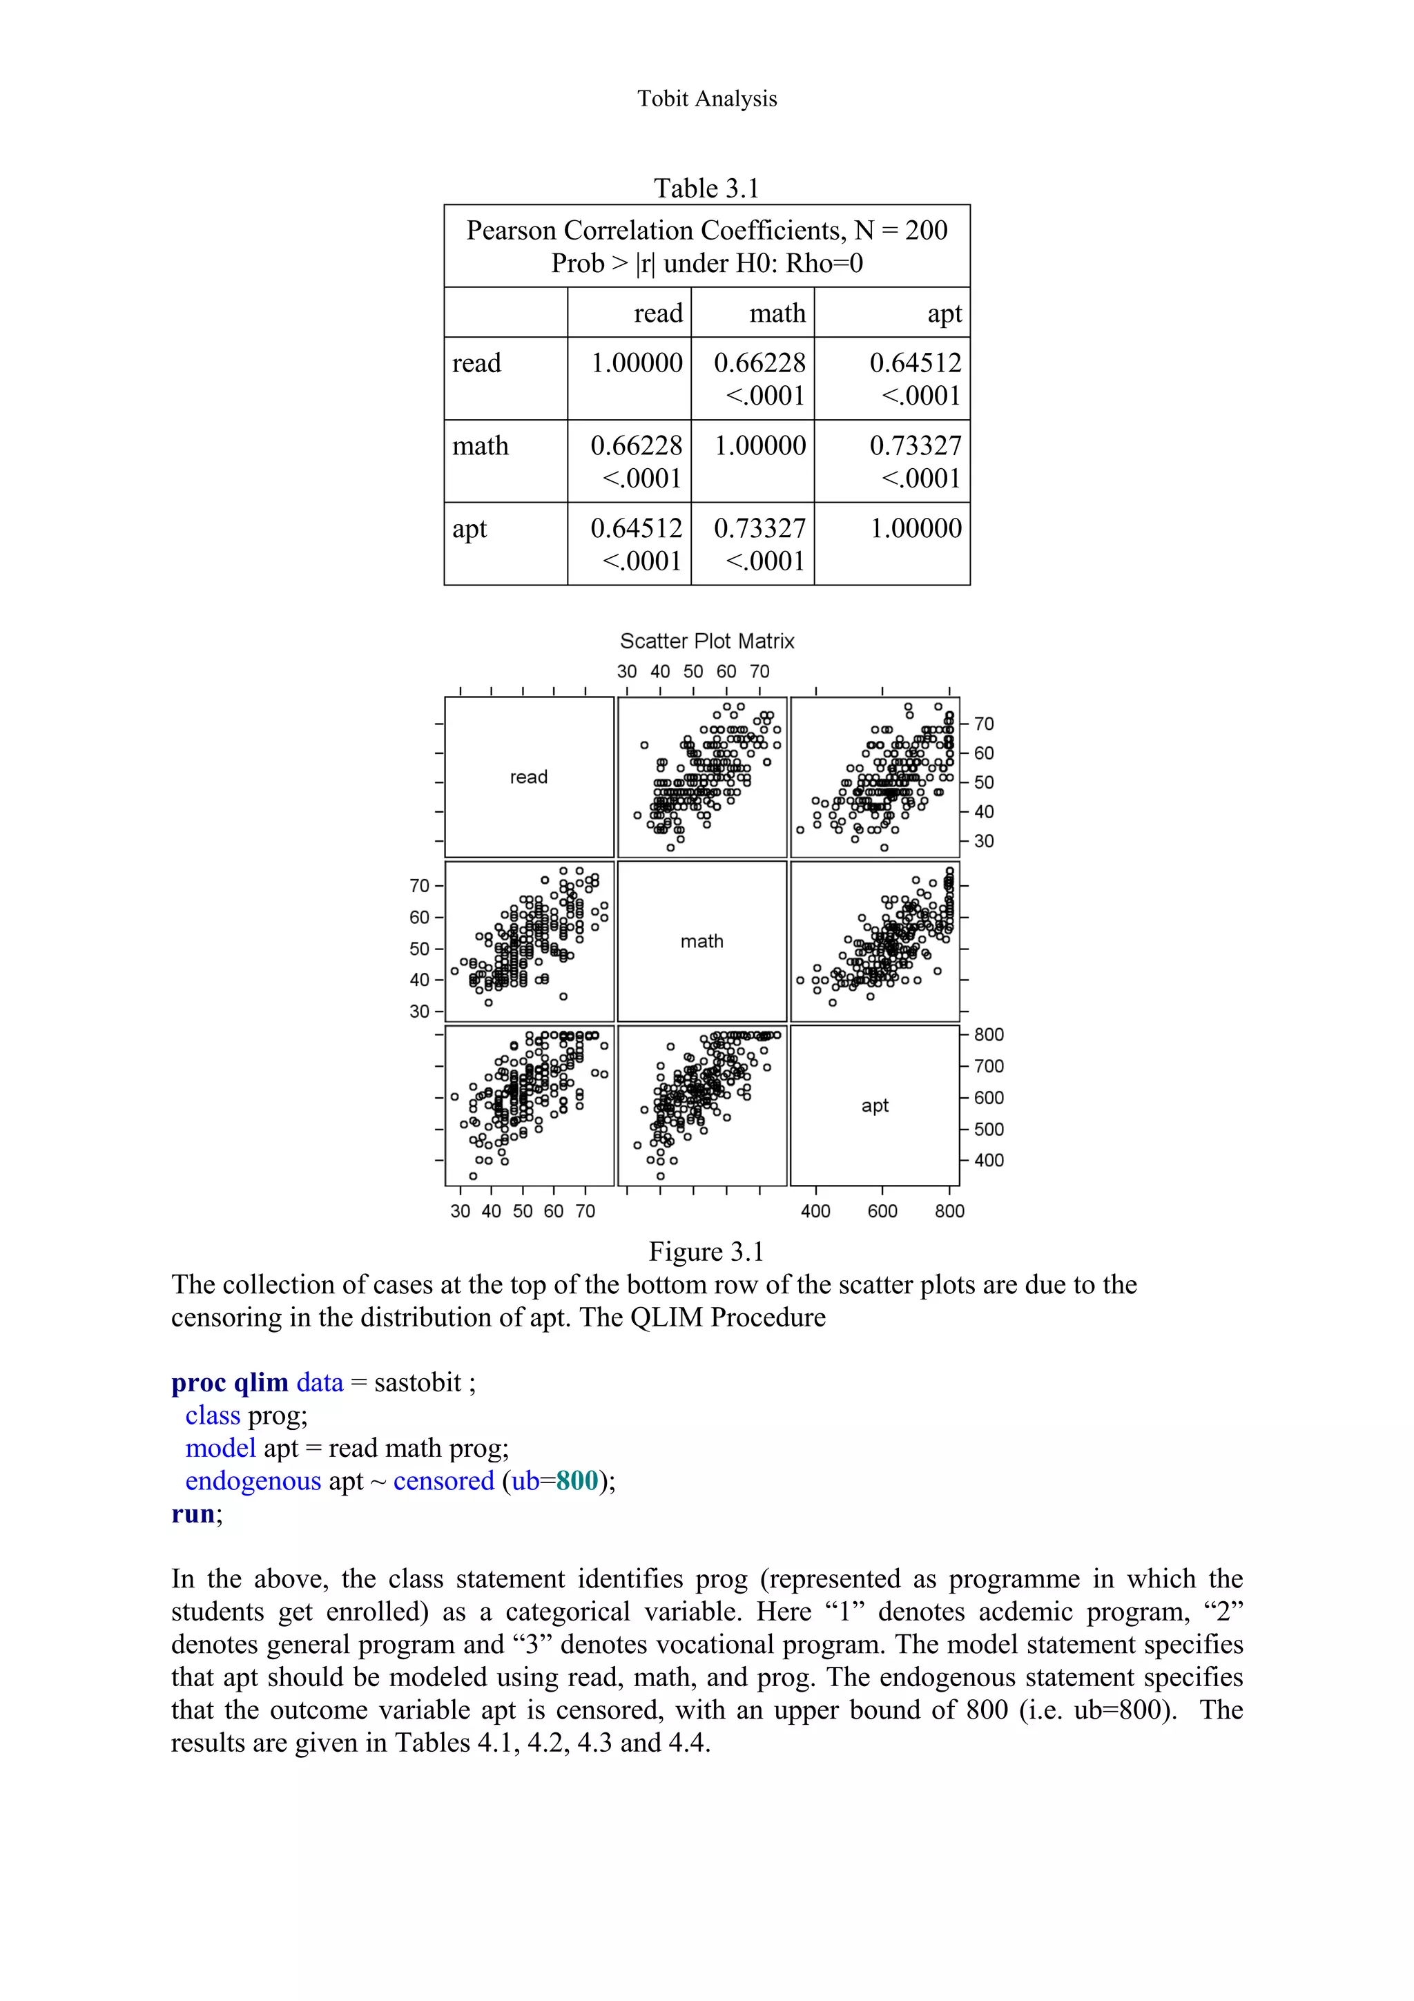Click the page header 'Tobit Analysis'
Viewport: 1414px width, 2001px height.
(706, 99)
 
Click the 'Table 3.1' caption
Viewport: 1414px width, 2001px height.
(706, 188)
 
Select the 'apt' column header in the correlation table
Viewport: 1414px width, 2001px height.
(945, 313)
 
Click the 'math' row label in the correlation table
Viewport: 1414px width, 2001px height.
(480, 445)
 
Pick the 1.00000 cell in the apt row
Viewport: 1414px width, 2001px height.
(916, 528)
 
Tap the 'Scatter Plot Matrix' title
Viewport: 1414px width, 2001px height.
(706, 641)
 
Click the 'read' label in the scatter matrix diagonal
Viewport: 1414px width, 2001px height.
(529, 777)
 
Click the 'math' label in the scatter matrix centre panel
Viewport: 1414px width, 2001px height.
(701, 941)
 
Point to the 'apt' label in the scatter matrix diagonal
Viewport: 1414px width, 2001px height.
(875, 1105)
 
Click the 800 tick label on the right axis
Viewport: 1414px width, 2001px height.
(989, 1034)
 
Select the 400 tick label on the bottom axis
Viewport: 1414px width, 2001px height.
(815, 1210)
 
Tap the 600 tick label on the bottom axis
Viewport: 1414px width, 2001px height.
(882, 1210)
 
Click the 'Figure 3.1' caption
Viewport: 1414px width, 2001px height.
(706, 1252)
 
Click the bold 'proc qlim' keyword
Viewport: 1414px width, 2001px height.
(230, 1383)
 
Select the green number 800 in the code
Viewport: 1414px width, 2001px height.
(577, 1480)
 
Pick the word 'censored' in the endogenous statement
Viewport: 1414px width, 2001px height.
(443, 1480)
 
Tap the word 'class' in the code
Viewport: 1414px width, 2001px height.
(213, 1415)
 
